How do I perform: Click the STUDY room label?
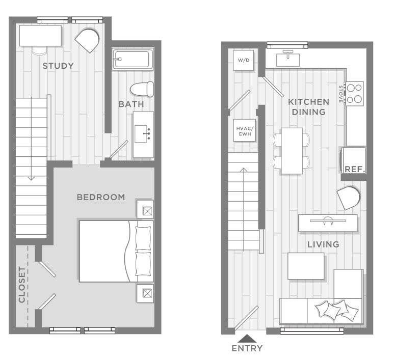coord(58,66)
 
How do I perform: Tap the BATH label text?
coord(131,104)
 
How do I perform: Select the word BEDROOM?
coord(100,197)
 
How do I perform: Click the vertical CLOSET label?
coord(22,285)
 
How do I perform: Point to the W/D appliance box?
coord(244,61)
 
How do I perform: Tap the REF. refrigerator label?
coord(354,169)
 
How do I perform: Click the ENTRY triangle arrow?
coord(247,338)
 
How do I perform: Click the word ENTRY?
coord(247,349)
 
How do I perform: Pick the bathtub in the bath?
coord(133,59)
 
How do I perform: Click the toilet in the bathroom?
coord(142,89)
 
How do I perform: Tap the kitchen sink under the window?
coord(288,59)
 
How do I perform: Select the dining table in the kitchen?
coord(292,150)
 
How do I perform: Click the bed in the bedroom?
coord(116,251)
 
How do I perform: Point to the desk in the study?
coord(41,36)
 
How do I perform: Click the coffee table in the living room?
coord(306,266)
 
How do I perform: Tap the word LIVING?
coord(323,244)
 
